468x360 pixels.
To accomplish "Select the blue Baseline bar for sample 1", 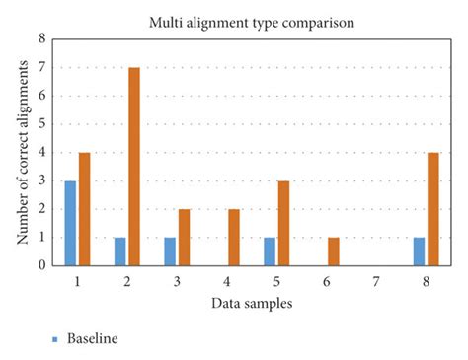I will coord(70,223).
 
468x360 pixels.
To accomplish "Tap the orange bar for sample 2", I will coord(134,166).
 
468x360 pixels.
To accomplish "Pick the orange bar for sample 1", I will coord(84,208).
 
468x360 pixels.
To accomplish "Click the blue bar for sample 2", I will coord(120,251).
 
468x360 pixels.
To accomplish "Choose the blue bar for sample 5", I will coord(269,251).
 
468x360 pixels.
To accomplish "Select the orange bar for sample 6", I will coord(333,251).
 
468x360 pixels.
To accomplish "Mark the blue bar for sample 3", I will coord(170,251).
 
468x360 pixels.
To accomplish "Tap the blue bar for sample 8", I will coord(418,251).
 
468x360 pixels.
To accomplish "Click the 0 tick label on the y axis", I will coord(42,264).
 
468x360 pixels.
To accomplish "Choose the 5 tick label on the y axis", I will coord(42,124).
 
